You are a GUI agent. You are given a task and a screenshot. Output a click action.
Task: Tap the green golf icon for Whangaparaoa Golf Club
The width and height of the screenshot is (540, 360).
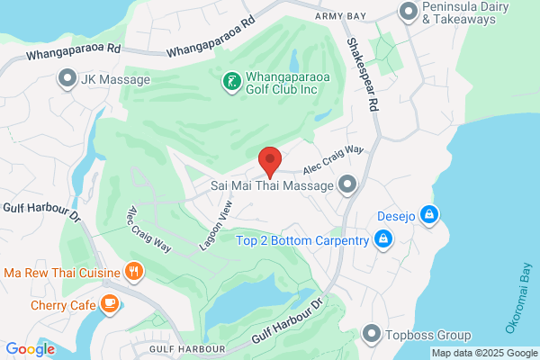[231, 84]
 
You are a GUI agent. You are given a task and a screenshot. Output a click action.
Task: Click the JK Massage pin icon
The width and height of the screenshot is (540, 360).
[66, 80]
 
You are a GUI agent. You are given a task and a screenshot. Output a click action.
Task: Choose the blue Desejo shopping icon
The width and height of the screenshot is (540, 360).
[430, 215]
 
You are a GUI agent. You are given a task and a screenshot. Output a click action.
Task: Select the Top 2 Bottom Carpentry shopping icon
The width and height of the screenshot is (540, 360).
[384, 239]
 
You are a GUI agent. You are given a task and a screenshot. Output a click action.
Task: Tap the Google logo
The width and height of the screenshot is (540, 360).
[30, 349]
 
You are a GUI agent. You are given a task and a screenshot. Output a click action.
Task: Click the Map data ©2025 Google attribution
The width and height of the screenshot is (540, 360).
[483, 352]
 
